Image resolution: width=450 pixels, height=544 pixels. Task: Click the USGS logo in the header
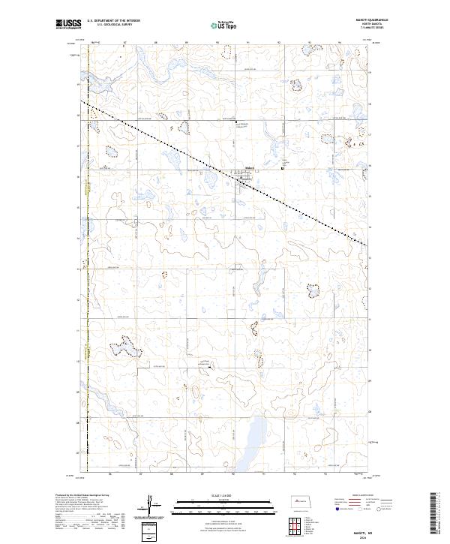(x=69, y=25)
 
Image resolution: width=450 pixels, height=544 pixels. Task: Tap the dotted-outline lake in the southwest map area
(x=122, y=347)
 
